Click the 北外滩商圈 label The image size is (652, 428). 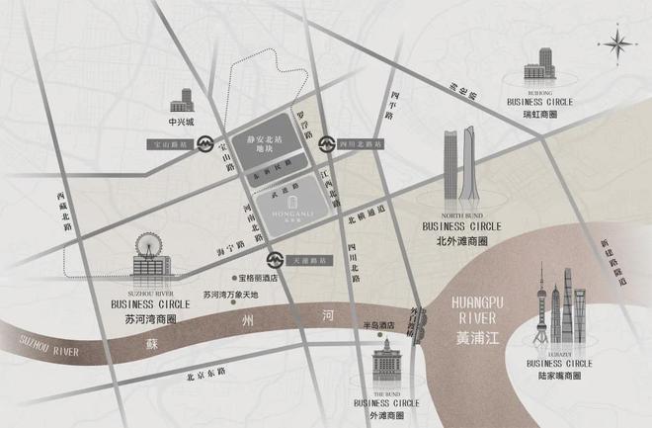461,237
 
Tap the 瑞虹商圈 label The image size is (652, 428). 539,115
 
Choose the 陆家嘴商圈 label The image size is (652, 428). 559,376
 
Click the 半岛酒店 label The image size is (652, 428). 378,325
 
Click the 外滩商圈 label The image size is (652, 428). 379,416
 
